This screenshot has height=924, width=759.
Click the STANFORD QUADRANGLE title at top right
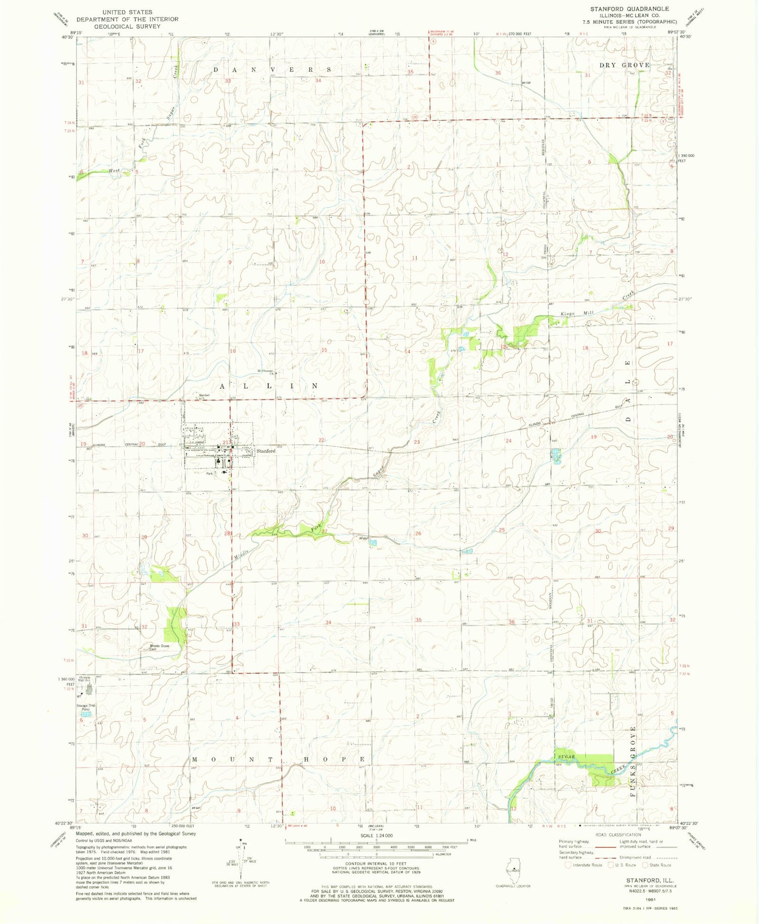coord(629,9)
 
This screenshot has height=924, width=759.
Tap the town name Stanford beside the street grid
coord(266,451)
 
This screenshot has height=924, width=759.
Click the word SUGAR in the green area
coord(567,757)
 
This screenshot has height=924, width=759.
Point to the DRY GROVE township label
coord(624,65)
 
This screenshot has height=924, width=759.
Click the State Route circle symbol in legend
coord(645,865)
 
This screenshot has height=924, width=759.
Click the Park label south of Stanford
coord(210,474)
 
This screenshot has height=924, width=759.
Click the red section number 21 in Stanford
coord(226,443)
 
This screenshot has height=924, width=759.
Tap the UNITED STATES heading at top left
coord(127,12)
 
